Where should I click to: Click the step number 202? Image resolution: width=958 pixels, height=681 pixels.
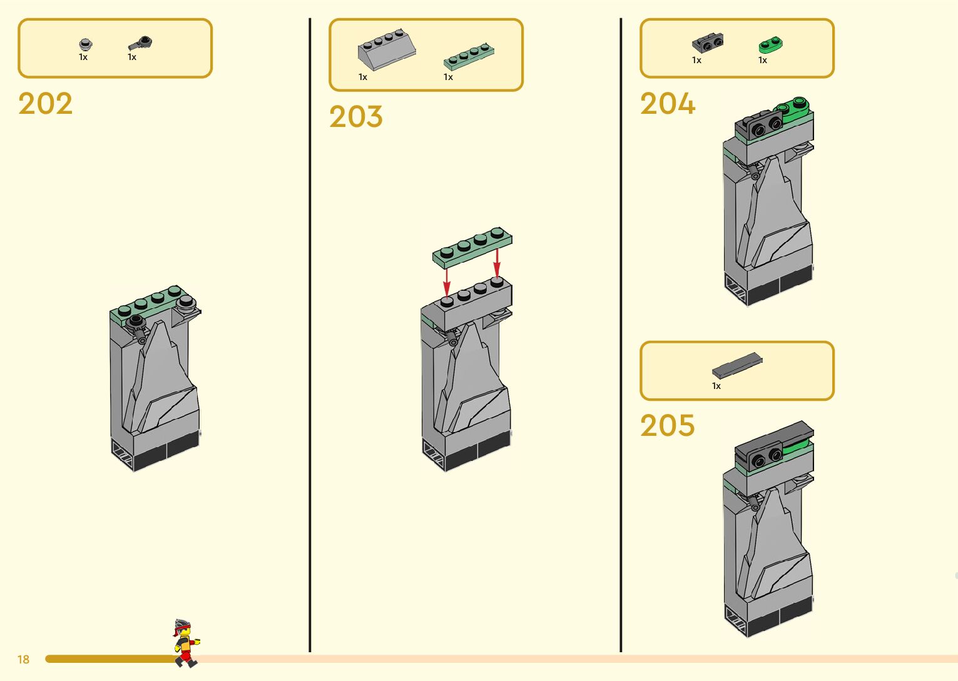[45, 104]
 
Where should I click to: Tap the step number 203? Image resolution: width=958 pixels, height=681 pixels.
[355, 117]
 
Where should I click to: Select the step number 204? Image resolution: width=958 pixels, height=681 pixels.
[667, 104]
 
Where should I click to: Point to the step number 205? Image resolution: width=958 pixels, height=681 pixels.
[667, 426]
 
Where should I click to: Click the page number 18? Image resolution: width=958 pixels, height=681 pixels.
[23, 659]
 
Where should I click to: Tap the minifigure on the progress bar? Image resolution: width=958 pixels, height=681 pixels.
[185, 643]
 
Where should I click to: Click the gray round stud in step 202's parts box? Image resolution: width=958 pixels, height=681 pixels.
[86, 44]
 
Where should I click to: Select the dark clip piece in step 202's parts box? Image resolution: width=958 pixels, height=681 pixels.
[141, 43]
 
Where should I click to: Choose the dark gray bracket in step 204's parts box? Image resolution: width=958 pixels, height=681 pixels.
[708, 43]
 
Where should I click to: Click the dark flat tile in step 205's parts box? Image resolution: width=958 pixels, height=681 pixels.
[737, 366]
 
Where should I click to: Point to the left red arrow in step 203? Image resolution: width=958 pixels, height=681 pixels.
[446, 281]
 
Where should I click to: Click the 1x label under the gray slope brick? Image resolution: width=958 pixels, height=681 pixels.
[363, 77]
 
